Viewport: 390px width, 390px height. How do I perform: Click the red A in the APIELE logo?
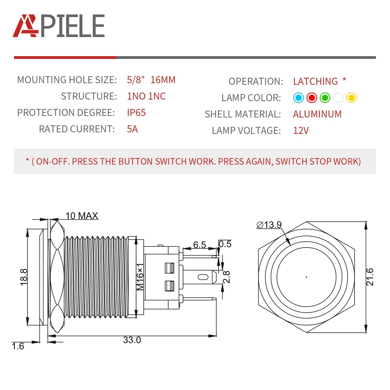pyautogui.click(x=25, y=26)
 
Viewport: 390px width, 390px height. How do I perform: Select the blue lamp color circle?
pyautogui.click(x=298, y=98)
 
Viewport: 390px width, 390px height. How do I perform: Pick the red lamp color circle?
pyautogui.click(x=311, y=98)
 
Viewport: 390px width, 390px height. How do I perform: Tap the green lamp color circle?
pyautogui.click(x=325, y=98)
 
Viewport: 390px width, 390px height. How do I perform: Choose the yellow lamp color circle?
pyautogui.click(x=351, y=98)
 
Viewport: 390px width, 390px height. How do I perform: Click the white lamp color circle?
pyautogui.click(x=338, y=98)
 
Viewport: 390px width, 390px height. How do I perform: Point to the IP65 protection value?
pyautogui.click(x=136, y=113)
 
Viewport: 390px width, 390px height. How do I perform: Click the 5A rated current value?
pyautogui.click(x=132, y=129)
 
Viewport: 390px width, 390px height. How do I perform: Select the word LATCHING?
pyautogui.click(x=315, y=81)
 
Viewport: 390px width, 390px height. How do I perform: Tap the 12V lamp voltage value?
pyautogui.click(x=301, y=131)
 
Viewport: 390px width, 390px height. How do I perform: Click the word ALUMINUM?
pyautogui.click(x=317, y=114)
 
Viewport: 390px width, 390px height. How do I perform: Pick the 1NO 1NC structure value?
pyautogui.click(x=146, y=96)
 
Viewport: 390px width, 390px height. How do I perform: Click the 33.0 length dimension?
pyautogui.click(x=132, y=340)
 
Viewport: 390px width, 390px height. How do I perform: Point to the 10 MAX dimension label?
pyautogui.click(x=82, y=216)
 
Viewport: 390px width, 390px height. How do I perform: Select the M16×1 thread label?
pyautogui.click(x=140, y=277)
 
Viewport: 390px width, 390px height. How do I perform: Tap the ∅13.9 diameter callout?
pyautogui.click(x=269, y=225)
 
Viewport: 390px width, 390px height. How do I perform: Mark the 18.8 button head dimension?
pyautogui.click(x=24, y=277)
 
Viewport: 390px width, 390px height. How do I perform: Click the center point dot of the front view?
pyautogui.click(x=307, y=277)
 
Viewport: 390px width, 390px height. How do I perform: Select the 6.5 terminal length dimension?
pyautogui.click(x=199, y=244)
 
